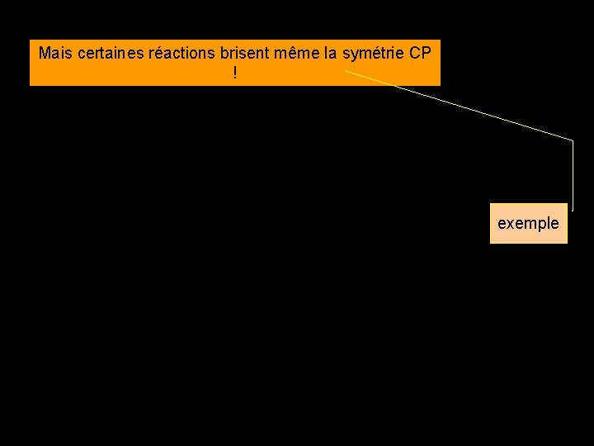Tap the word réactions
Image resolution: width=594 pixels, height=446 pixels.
point(181,54)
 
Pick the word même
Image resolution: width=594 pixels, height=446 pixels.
point(300,54)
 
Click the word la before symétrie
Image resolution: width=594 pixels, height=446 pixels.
point(331,54)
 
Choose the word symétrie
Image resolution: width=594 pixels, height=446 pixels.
point(373,54)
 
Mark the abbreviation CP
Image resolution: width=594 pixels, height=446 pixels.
point(421,54)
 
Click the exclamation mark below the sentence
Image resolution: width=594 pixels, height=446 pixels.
point(235,74)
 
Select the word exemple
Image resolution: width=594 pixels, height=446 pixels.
point(528,223)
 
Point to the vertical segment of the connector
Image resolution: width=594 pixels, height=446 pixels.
point(572,173)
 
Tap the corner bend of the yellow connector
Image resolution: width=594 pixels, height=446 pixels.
point(572,140)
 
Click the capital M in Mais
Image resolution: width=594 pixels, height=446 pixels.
point(45,54)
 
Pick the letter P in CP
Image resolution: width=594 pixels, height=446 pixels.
point(427,54)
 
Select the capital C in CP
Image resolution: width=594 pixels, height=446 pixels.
point(415,54)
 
